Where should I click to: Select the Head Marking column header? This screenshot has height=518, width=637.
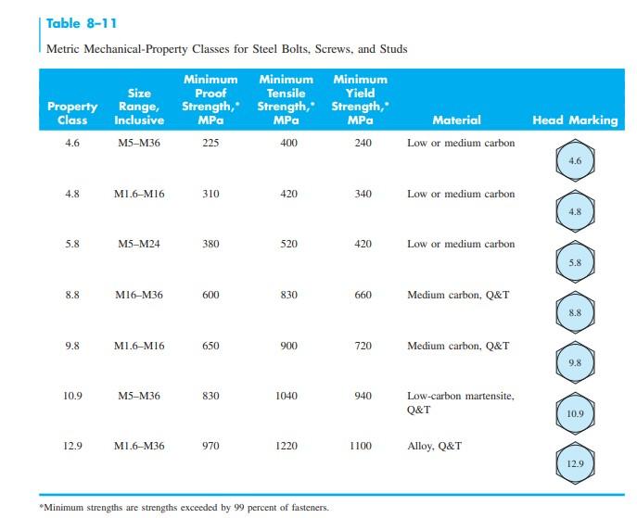(x=574, y=120)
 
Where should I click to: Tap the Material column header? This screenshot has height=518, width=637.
(x=456, y=120)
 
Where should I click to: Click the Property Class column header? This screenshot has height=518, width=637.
(x=72, y=113)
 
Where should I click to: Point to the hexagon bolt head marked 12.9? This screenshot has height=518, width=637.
(x=575, y=461)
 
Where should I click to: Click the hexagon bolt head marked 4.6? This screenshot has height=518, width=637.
(x=575, y=161)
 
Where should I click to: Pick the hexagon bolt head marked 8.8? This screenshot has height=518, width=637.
(x=575, y=312)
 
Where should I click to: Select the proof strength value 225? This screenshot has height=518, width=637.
(x=210, y=144)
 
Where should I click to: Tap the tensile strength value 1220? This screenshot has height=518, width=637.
(x=287, y=446)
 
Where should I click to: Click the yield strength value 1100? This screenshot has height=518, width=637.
(x=360, y=446)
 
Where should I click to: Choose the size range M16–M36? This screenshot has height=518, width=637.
(x=139, y=295)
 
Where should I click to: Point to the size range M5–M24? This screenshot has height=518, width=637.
(x=139, y=245)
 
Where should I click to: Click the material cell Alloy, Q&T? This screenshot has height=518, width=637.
(x=434, y=446)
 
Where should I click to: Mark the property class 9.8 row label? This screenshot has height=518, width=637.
(x=72, y=346)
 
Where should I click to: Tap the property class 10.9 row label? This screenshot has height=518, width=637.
(x=72, y=396)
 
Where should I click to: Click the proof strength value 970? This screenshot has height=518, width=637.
(x=210, y=446)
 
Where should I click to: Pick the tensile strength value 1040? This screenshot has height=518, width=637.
(x=287, y=396)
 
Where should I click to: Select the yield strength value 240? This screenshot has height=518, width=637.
(x=363, y=144)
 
